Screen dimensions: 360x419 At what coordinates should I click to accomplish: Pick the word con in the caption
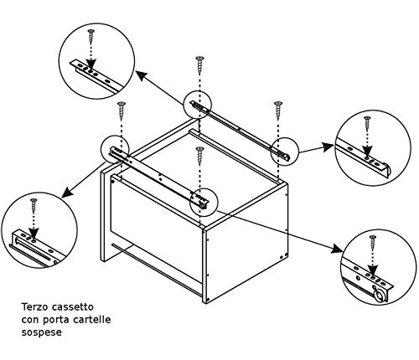click(x=31, y=319)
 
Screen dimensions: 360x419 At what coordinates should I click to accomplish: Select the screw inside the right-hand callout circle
click(x=365, y=125)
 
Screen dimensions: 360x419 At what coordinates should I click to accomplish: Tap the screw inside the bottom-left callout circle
click(x=33, y=207)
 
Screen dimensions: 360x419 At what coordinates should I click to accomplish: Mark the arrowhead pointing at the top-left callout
click(x=138, y=75)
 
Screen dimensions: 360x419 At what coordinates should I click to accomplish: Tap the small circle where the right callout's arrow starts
click(x=283, y=150)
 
